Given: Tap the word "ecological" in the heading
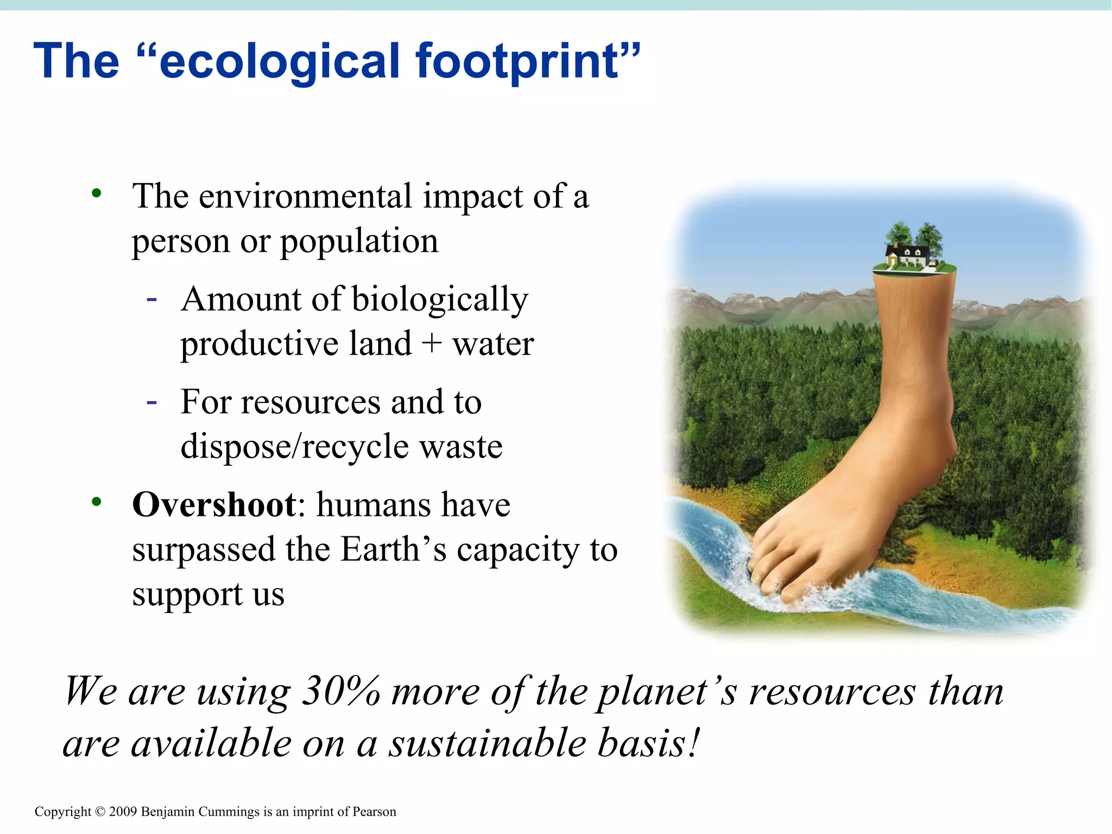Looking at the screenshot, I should (280, 61).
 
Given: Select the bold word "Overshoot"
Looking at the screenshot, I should (214, 505).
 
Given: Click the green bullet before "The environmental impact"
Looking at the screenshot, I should (97, 193).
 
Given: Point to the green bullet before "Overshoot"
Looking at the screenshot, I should (97, 502).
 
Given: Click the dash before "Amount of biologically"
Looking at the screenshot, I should (152, 299).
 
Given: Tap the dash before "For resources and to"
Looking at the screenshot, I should (152, 402).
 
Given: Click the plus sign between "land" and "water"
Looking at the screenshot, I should (432, 344).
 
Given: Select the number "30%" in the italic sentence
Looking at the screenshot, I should (341, 691).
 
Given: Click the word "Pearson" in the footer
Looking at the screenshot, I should (374, 812).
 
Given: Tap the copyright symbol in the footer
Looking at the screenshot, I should (100, 812).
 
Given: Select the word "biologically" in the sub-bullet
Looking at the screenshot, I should (440, 299).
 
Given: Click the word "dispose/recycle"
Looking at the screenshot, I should (293, 446).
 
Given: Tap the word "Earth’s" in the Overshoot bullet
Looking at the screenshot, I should (393, 549).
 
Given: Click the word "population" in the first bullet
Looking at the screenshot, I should (359, 241).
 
